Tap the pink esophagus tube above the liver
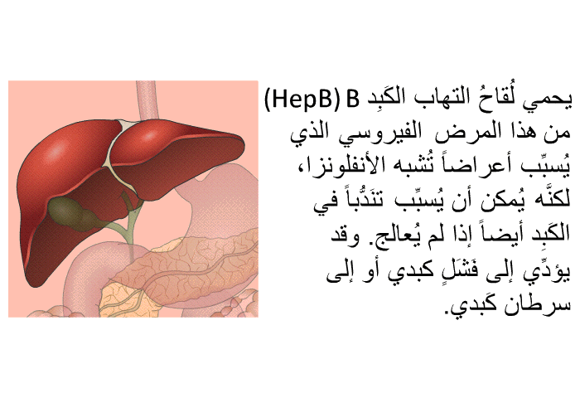147,100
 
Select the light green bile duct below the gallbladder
128,226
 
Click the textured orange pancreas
192,266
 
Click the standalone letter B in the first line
352,99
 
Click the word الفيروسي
379,133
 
